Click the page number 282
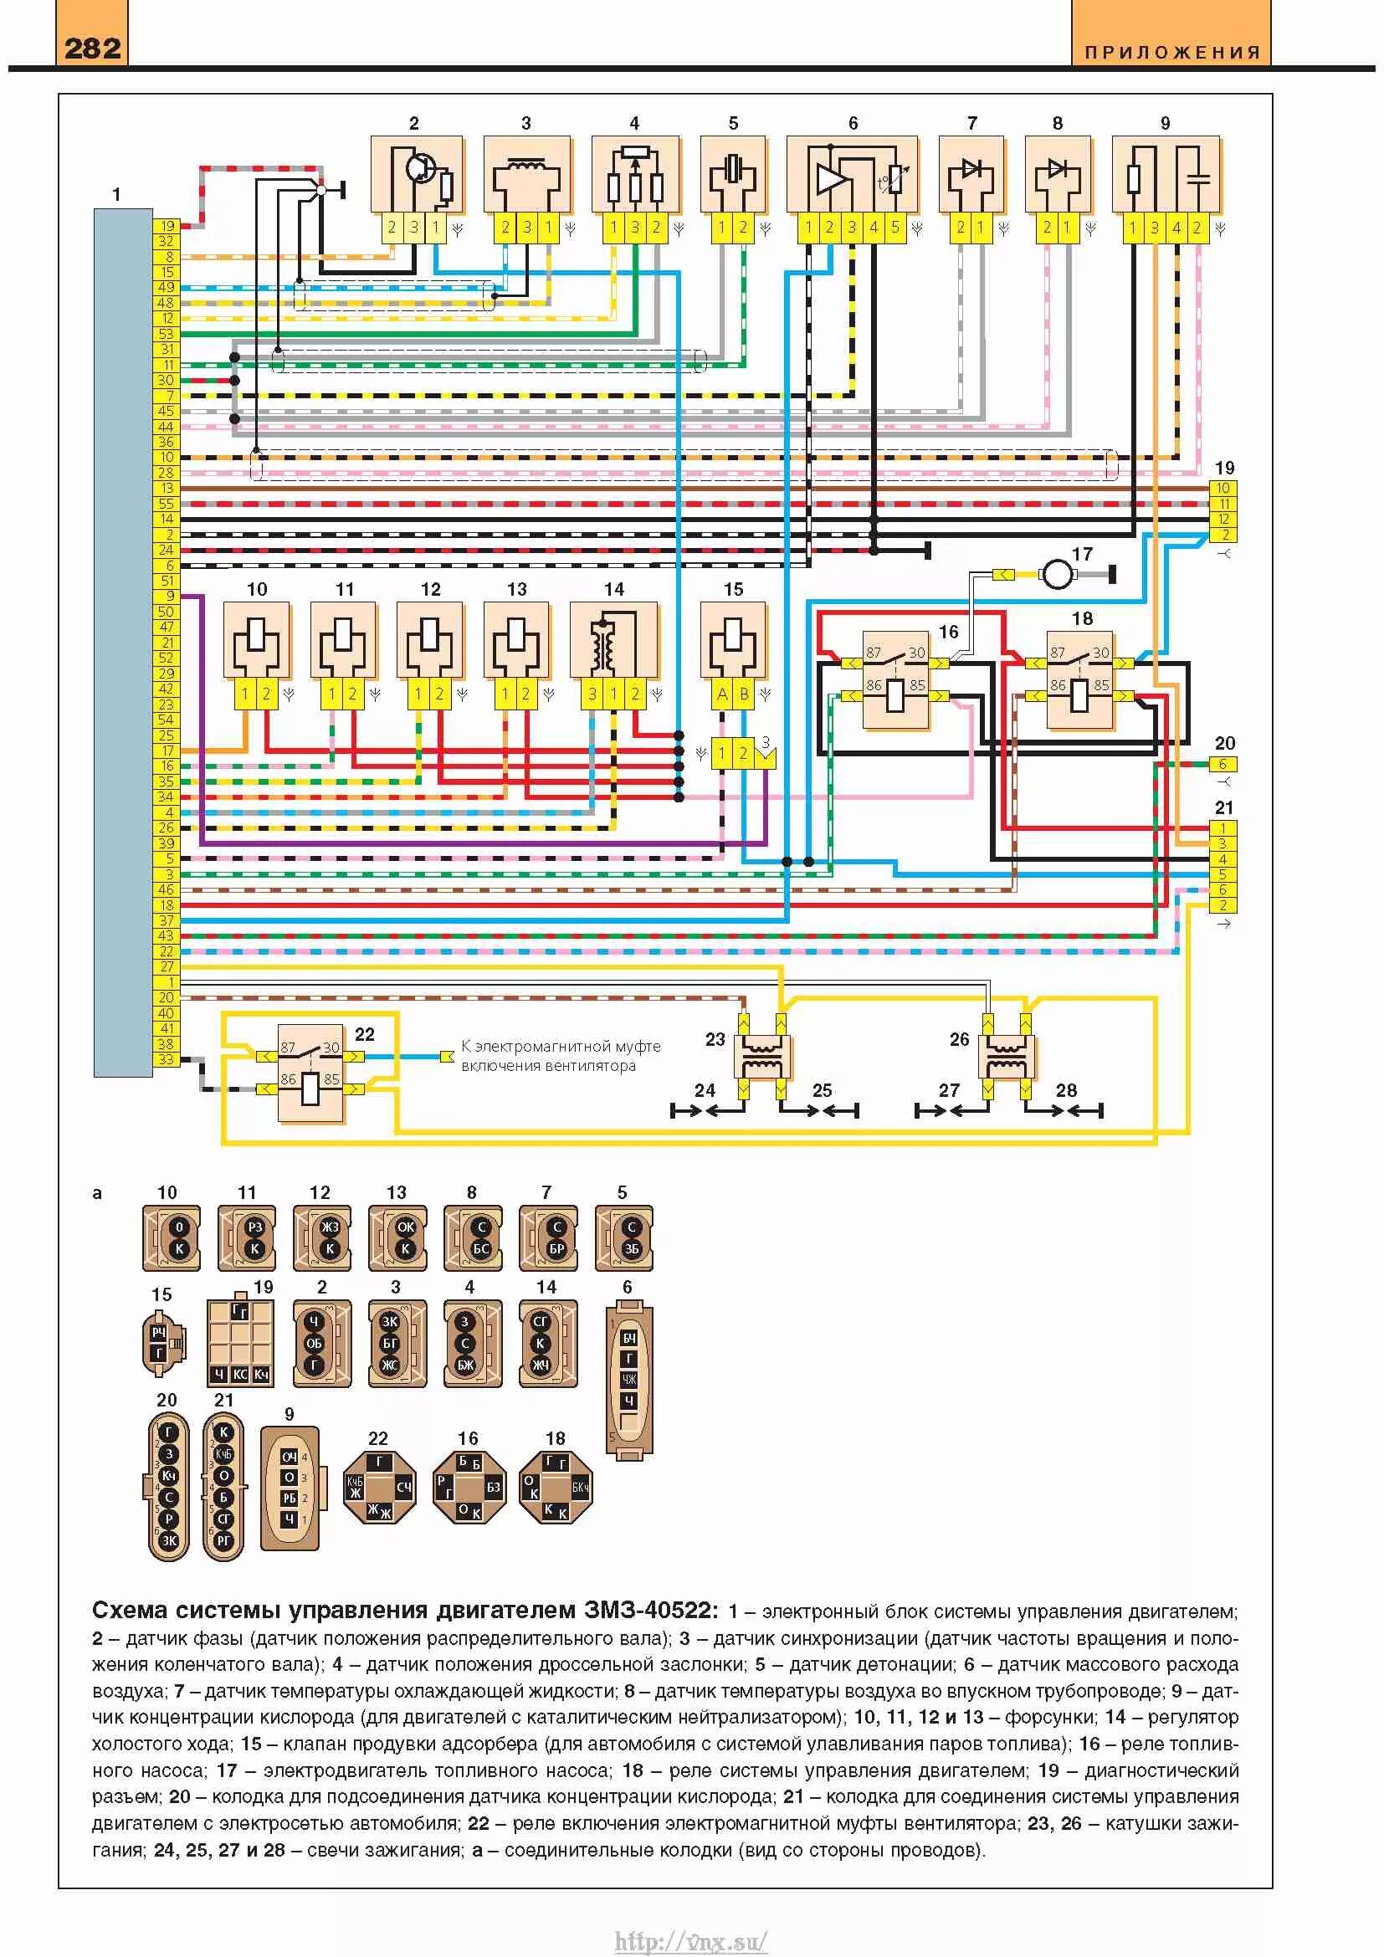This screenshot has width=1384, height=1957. tap(92, 48)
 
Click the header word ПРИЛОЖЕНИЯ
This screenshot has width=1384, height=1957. tap(1171, 53)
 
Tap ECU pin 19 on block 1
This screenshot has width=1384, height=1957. tap(167, 226)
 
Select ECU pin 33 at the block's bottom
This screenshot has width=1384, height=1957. tap(167, 1059)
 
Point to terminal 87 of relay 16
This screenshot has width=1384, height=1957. tap(874, 653)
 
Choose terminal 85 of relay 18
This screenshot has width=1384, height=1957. tap(1101, 685)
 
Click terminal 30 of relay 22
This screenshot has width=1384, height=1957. tap(331, 1048)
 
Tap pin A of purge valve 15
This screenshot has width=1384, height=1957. tap(722, 694)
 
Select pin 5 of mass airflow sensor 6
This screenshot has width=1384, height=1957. tap(894, 228)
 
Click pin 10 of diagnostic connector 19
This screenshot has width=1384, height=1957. tap(1223, 489)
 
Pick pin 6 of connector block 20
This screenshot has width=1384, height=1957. tap(1223, 765)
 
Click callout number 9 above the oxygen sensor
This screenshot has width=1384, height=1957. tap(1165, 124)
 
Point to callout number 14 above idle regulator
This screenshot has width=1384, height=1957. tap(613, 589)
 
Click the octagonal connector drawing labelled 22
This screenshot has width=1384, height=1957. tap(379, 1488)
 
